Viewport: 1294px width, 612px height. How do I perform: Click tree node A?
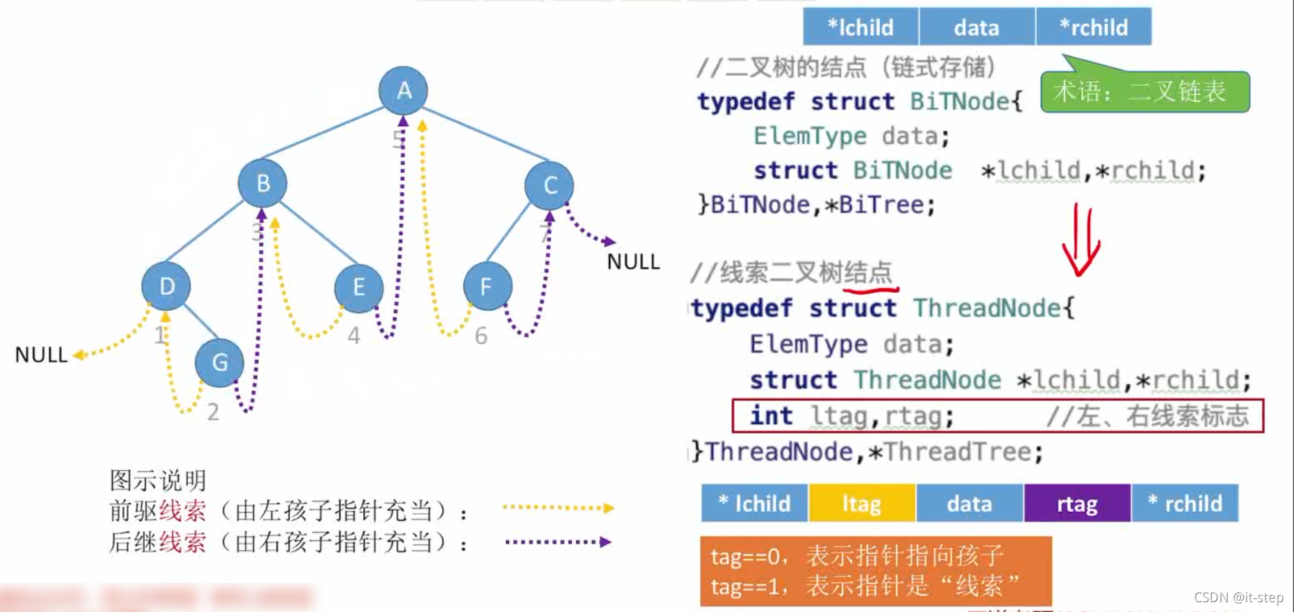404,90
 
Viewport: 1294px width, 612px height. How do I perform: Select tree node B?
262,183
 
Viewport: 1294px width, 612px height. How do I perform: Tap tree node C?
550,185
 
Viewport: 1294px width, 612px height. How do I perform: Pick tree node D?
166,286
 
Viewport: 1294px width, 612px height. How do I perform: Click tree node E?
358,287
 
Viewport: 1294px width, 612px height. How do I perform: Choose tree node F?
487,286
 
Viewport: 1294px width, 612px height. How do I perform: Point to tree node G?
219,362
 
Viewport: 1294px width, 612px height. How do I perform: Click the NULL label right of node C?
632,262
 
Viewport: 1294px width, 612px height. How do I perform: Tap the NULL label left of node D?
41,355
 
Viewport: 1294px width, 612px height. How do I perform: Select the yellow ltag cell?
861,503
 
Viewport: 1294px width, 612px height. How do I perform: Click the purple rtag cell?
1077,503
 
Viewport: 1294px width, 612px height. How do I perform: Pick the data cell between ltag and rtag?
969,503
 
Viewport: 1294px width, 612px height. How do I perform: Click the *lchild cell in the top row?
861,27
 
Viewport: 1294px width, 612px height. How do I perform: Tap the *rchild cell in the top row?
1094,27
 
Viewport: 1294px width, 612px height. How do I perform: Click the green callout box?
1144,91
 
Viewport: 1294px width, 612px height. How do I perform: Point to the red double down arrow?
1080,240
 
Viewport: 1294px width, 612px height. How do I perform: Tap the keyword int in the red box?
771,416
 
